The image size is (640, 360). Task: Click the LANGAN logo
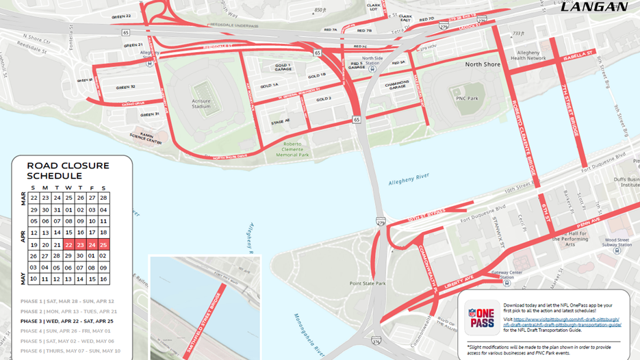pos(594,7)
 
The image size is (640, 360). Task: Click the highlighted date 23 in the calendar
pos(80,244)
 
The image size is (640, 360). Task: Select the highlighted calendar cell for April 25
pos(103,244)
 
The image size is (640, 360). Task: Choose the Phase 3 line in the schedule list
pos(66,321)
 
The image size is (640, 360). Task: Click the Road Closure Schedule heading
pos(68,170)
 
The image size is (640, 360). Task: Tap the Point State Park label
pos(368,283)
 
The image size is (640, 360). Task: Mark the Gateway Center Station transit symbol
pos(507,282)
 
